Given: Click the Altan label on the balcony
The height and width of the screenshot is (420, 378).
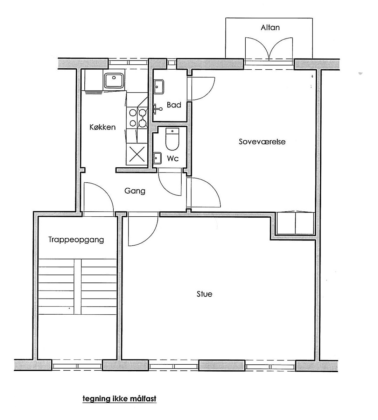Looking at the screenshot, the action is (270, 28).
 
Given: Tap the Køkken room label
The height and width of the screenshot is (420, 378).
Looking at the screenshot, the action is (103, 127).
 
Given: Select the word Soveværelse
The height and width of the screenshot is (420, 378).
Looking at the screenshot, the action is (262, 142).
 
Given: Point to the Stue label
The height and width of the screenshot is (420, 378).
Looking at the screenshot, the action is (204, 294).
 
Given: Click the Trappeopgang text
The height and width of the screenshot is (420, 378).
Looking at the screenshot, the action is (76, 240).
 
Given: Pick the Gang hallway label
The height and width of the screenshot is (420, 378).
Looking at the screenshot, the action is (135, 191).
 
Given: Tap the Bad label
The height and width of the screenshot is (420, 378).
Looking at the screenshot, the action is (174, 105).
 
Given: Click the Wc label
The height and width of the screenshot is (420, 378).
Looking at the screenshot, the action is (173, 159).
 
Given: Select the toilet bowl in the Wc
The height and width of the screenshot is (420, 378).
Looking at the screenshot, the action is (172, 139).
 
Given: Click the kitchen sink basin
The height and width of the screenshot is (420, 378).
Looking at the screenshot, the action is (114, 80).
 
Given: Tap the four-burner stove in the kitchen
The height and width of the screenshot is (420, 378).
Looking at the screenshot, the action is (137, 118).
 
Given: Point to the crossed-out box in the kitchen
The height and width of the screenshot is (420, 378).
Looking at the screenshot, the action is (137, 154).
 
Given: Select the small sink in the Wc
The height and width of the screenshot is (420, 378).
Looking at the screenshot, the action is (157, 159).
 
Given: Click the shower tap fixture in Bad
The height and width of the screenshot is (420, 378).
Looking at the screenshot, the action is (157, 109).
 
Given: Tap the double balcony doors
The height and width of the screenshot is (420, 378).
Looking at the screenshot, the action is (269, 50).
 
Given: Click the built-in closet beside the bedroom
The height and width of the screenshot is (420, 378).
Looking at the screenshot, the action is (295, 223).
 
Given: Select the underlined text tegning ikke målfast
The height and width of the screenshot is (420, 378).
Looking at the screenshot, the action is (120, 398).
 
